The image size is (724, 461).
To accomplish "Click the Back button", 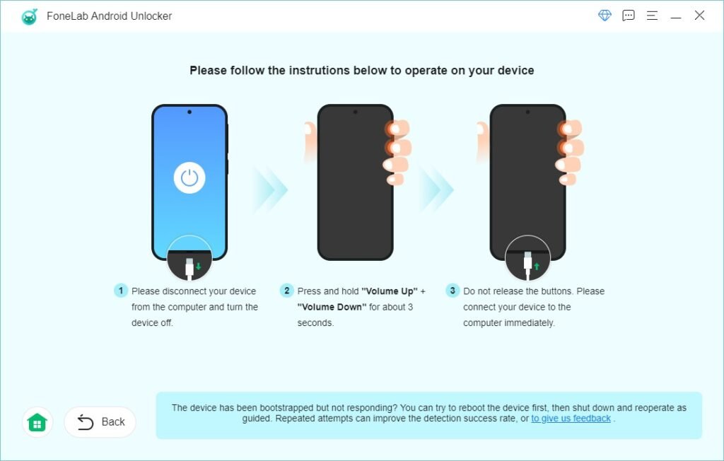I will coord(100,422).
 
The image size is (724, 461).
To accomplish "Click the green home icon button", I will coord(37,422).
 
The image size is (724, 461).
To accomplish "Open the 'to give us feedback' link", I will coord(571,419).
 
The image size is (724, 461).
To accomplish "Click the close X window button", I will coord(699,16).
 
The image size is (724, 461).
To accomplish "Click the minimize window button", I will coord(676,16).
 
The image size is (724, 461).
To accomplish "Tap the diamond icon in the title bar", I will coord(605,16).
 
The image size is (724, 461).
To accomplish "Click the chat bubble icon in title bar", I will coord(628,16).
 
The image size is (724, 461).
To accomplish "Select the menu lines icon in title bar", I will coord(652,16).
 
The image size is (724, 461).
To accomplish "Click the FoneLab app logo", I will coord(29,16).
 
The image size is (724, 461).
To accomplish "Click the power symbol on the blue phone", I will coord(189,178).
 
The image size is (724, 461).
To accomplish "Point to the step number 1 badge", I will coord(121,291).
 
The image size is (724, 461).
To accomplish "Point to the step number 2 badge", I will coord(286,291).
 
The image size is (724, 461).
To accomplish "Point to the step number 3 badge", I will coord(452,291).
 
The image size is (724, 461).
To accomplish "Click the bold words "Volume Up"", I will coord(390,291).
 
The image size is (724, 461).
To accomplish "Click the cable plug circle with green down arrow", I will coord(189,259).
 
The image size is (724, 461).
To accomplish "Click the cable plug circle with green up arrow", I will coord(527,259).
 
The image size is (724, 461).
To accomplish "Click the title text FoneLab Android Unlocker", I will coord(110,16).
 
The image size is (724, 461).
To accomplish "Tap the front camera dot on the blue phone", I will coord(189,112).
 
